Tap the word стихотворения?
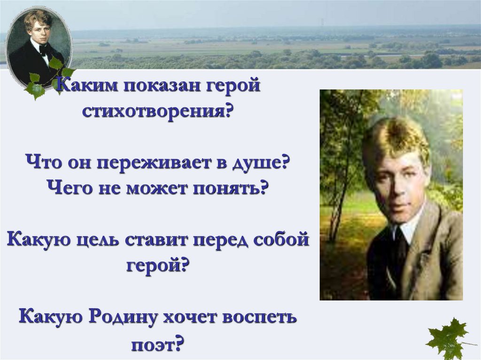click(157, 113)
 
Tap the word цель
click(101, 240)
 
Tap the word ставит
click(161, 240)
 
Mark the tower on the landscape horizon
click(322, 22)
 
